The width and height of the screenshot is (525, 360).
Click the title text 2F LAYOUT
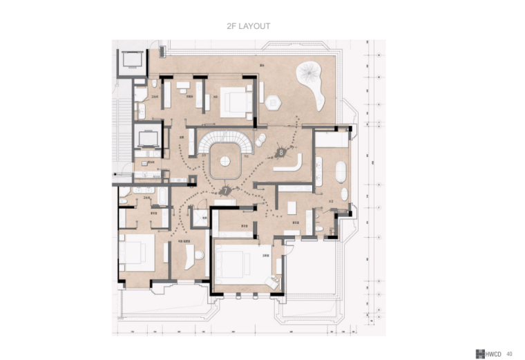(x=248, y=26)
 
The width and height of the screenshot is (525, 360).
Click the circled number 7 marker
(x=225, y=189)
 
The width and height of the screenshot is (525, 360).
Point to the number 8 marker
(x=281, y=151)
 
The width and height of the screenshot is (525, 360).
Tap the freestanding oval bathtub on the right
(x=340, y=171)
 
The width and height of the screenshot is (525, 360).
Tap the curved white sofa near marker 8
(x=288, y=165)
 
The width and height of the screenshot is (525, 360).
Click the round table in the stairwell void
(x=225, y=160)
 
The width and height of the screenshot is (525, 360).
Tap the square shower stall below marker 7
(x=199, y=218)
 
